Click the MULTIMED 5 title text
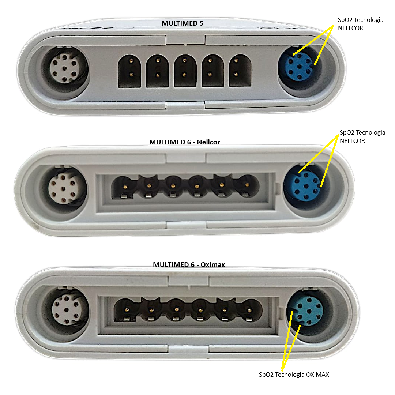pos(183,23)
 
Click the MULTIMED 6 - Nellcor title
pos(184,142)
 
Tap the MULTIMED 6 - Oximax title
pos(189,264)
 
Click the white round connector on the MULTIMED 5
pos(64,68)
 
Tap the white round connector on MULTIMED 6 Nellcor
pos(63,189)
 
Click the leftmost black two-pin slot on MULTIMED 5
pos(129,71)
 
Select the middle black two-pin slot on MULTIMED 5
pos(185,71)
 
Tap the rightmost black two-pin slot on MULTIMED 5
pos(240,71)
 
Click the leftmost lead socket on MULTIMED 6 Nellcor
pos(124,187)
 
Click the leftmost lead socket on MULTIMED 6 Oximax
pos(127,310)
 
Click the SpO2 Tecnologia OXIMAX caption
pos(294,375)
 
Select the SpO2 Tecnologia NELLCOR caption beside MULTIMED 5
pos(361,24)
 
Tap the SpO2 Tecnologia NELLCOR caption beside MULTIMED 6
pos(362,136)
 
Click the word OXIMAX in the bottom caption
pos(317,375)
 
